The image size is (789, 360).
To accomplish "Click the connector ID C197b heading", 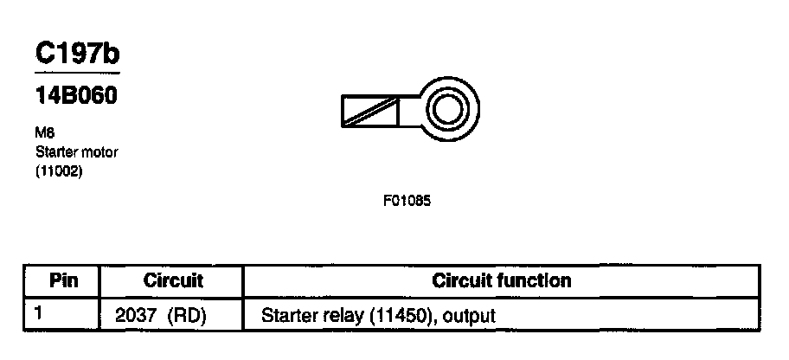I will tap(76, 54).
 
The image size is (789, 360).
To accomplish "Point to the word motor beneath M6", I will tap(99, 152).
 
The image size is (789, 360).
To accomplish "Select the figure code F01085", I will tap(407, 201).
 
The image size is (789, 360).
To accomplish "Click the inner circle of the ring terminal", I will tap(448, 111).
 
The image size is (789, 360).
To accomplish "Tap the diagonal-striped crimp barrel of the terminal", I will tap(370, 112).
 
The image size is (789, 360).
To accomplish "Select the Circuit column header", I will tap(173, 281).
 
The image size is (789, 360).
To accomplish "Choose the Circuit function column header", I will tap(501, 281).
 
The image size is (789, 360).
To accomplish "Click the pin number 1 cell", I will tap(39, 314).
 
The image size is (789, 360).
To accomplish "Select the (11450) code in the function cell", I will tap(402, 316).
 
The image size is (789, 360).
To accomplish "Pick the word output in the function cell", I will tap(471, 316).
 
